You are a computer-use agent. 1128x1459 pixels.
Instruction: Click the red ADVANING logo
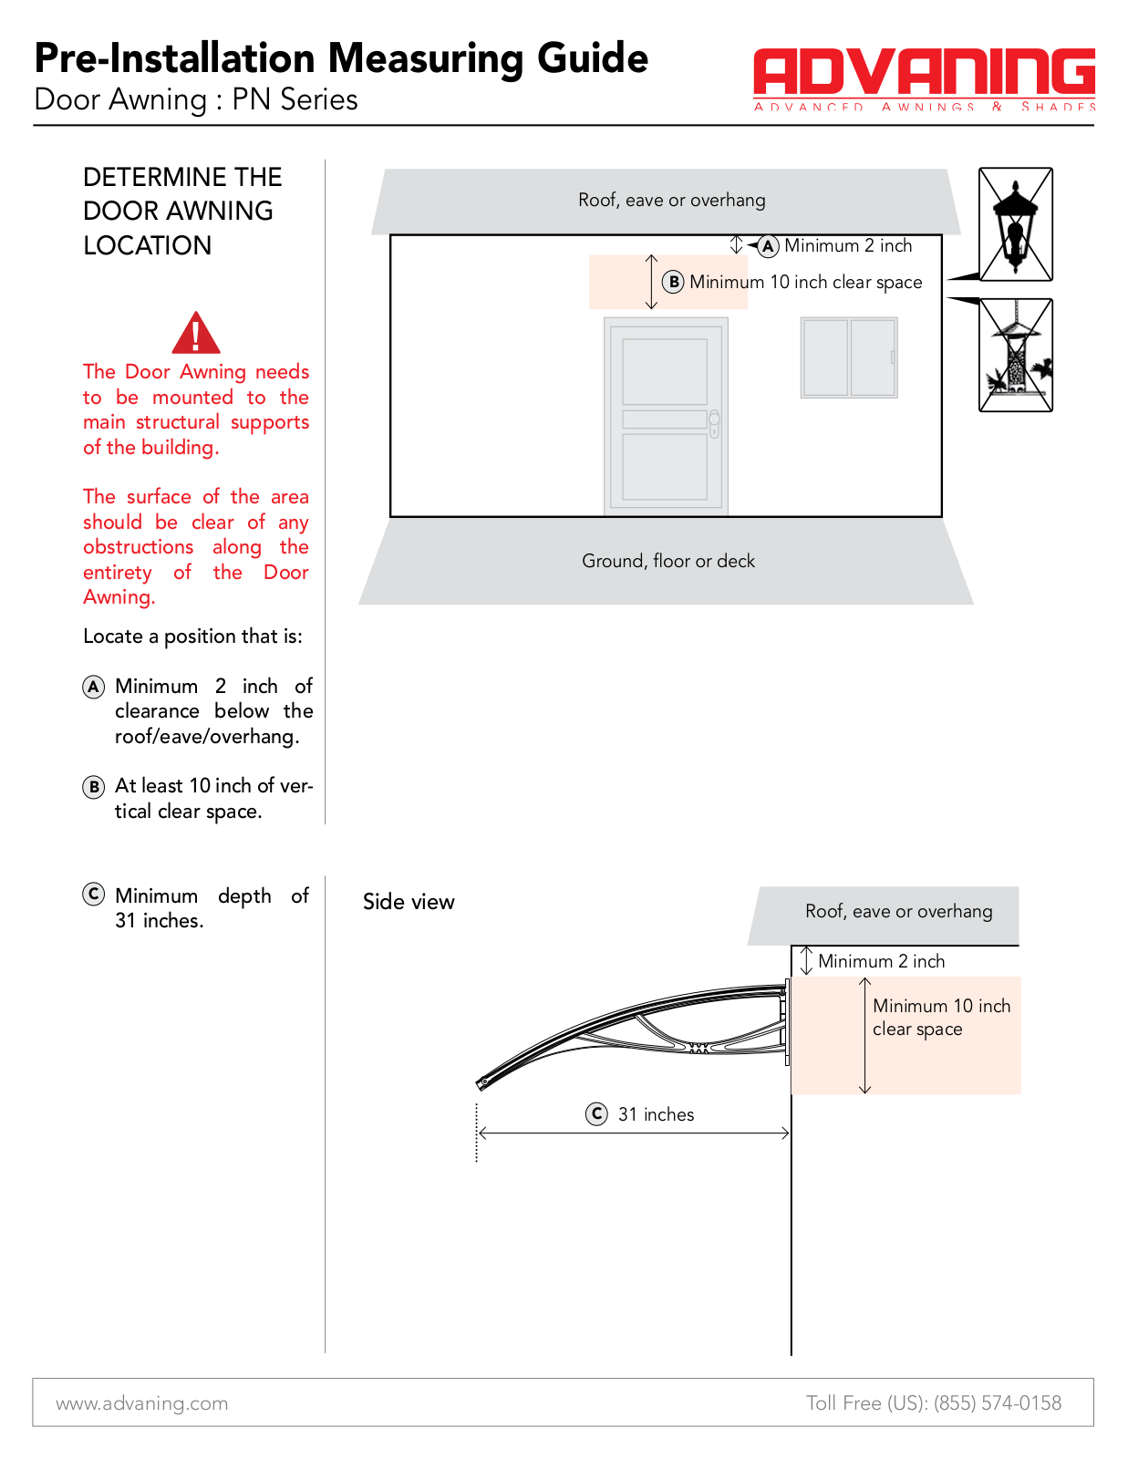[924, 78]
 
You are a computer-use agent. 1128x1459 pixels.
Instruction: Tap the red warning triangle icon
[195, 333]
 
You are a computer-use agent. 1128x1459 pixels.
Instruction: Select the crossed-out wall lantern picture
[1015, 224]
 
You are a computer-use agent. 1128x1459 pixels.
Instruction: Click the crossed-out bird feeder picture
[1015, 356]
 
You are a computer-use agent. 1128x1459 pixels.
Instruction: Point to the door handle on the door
[714, 424]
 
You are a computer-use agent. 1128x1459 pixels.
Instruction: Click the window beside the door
[849, 357]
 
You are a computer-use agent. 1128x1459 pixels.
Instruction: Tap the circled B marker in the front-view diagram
[673, 282]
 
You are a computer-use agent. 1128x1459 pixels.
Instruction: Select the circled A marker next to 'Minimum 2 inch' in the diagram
[768, 246]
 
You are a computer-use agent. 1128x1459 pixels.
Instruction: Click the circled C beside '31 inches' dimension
[596, 1114]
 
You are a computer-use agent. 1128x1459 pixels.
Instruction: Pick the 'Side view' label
[409, 902]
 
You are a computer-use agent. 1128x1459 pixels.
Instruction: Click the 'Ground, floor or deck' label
[668, 561]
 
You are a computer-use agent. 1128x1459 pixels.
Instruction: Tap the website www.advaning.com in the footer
[141, 1403]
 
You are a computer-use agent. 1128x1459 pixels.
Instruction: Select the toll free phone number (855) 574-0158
[997, 1402]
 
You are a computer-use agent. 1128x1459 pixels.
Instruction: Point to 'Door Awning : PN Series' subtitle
[196, 99]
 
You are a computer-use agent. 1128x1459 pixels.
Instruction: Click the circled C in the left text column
[93, 895]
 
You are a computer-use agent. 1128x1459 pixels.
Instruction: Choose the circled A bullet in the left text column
[93, 687]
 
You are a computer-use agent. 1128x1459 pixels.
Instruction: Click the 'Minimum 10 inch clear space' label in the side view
[941, 1018]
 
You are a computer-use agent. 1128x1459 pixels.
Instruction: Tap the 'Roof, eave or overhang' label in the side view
[898, 911]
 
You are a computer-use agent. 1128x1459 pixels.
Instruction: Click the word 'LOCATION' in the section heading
[147, 245]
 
